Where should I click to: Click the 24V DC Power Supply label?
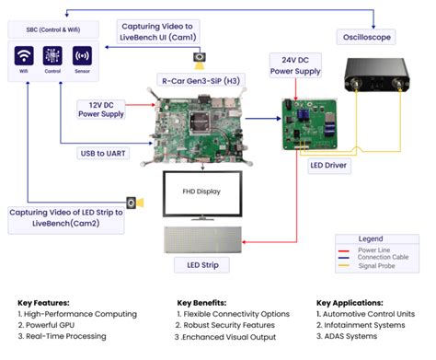294,66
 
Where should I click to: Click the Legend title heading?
372,238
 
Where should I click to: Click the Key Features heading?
46,302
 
